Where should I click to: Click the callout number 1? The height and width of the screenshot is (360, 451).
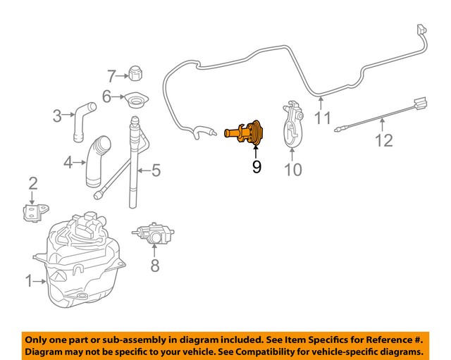(x=30, y=282)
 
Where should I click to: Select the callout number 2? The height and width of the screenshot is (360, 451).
(x=32, y=185)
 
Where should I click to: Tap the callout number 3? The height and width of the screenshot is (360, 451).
(x=58, y=116)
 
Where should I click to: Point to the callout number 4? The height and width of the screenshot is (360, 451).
(x=68, y=163)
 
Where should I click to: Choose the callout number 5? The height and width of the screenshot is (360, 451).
(x=155, y=170)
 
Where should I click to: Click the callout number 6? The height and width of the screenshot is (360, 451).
(x=106, y=97)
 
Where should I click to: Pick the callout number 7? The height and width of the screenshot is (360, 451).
(x=111, y=75)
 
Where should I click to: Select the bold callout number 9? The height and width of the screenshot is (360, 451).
(x=256, y=167)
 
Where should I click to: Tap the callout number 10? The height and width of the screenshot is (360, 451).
(x=292, y=170)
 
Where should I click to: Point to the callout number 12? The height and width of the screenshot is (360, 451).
(x=383, y=141)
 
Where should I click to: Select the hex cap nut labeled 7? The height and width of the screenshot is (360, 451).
(x=136, y=73)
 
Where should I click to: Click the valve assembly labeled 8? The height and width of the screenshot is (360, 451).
(x=153, y=233)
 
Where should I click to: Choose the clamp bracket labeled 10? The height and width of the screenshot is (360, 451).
(x=292, y=127)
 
